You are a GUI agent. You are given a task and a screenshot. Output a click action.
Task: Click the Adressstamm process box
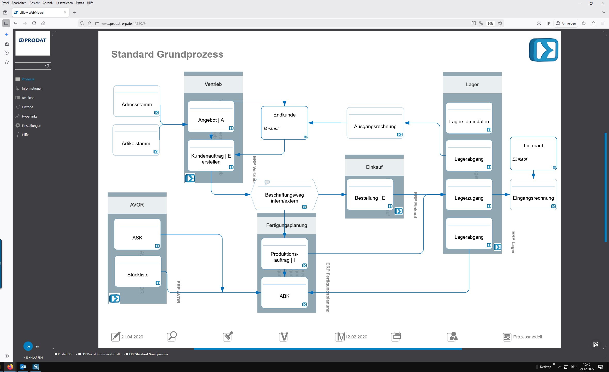(x=137, y=104)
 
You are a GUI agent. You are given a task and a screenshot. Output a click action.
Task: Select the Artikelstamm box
(x=136, y=143)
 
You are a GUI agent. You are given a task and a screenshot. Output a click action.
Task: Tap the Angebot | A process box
(x=211, y=120)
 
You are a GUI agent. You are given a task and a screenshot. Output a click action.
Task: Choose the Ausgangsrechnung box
(x=375, y=126)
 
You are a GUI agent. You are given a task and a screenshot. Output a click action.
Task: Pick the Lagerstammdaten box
(x=469, y=121)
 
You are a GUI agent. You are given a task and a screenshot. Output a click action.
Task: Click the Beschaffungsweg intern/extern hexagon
(x=284, y=198)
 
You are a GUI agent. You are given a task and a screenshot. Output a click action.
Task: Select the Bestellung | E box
(x=370, y=198)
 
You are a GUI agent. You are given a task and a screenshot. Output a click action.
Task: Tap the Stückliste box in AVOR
(x=138, y=275)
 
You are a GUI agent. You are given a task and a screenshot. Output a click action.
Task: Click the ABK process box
(x=284, y=296)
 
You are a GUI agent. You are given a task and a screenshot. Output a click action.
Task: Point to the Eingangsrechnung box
(x=533, y=198)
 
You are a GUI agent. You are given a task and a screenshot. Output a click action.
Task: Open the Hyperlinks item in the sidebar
(x=29, y=116)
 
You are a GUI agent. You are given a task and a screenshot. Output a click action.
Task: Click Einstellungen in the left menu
(x=31, y=126)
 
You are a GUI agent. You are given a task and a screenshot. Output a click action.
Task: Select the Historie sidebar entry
(x=27, y=107)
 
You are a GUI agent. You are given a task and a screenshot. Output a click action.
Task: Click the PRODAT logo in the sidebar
(x=33, y=40)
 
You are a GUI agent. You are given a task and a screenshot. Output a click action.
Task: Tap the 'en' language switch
(x=37, y=346)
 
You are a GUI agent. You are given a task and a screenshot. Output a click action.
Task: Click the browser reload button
(x=34, y=23)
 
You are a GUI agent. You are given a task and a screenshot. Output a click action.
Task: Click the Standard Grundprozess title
(x=167, y=54)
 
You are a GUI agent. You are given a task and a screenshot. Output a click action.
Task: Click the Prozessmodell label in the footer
(x=527, y=337)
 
